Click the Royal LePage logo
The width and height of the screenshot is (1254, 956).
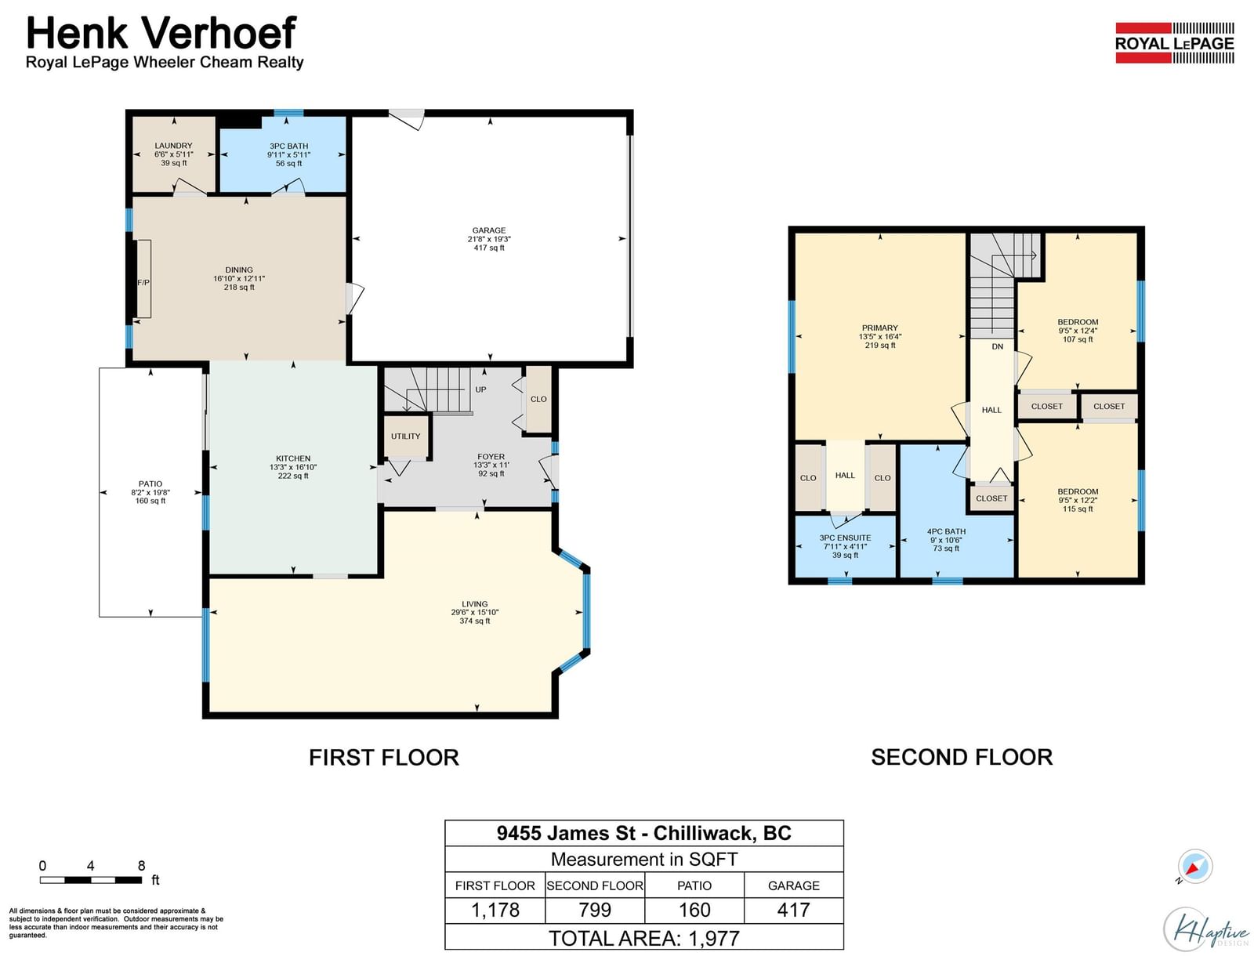point(1174,43)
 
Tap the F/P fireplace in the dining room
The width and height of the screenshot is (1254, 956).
point(143,279)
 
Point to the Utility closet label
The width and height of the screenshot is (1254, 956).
point(405,436)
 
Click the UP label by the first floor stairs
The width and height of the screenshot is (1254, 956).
point(480,389)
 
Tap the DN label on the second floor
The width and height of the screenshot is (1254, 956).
point(997,346)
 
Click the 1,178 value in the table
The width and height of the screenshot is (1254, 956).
point(495,910)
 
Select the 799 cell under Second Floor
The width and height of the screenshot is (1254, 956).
point(595,910)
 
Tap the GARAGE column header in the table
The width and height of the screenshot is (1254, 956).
point(793,885)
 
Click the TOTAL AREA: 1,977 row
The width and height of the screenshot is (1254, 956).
point(644,938)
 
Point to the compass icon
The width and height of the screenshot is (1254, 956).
point(1194,867)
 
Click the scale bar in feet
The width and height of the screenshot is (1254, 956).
point(91,880)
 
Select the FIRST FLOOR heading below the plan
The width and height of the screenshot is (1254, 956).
point(384,758)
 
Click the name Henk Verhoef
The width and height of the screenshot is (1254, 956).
point(161,33)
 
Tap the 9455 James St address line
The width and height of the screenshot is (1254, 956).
point(644,833)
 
